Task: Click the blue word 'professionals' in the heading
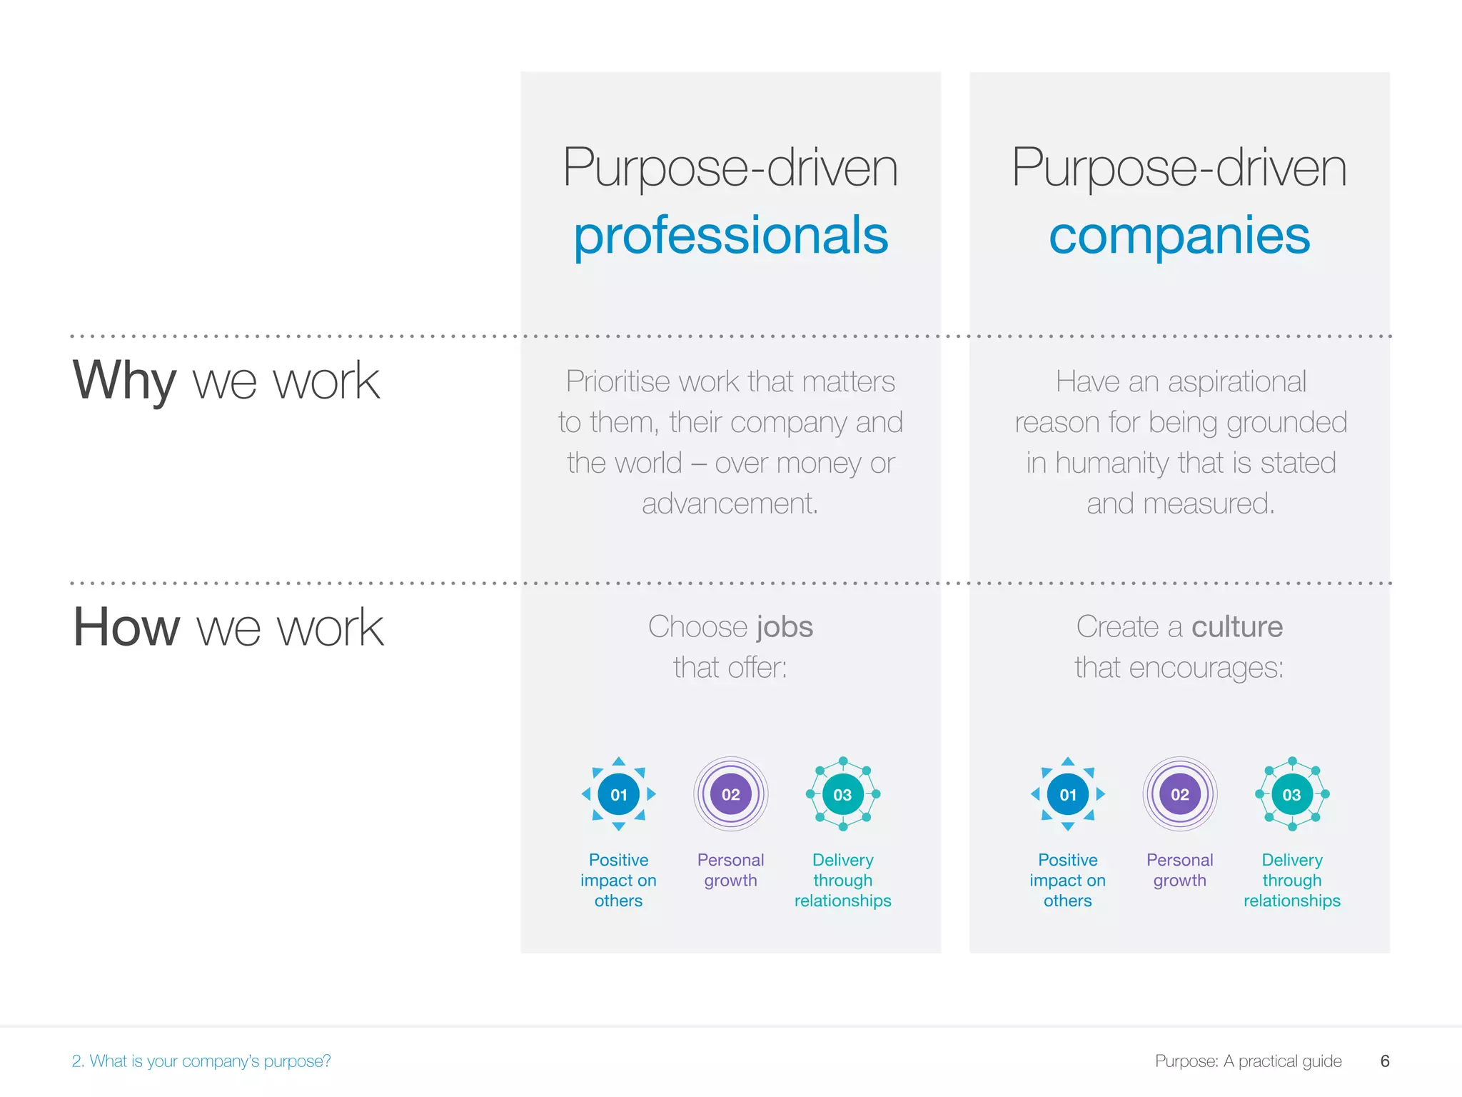pyautogui.click(x=731, y=236)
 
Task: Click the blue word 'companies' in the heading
pyautogui.click(x=1179, y=236)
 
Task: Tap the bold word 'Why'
pyautogui.click(x=124, y=380)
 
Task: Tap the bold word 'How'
pyautogui.click(x=127, y=627)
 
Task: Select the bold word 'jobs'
pyautogui.click(x=785, y=627)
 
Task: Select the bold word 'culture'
pyautogui.click(x=1236, y=627)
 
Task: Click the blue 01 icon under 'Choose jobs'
pyautogui.click(x=619, y=794)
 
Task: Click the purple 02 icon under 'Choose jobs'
pyautogui.click(x=730, y=794)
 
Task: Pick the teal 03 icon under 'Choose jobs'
pyautogui.click(x=842, y=794)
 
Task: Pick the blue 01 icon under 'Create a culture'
pyautogui.click(x=1068, y=794)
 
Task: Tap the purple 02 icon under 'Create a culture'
pyautogui.click(x=1179, y=794)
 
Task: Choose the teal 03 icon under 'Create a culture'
pyautogui.click(x=1291, y=794)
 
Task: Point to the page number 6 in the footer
pyautogui.click(x=1385, y=1061)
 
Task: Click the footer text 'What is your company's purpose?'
pyautogui.click(x=210, y=1061)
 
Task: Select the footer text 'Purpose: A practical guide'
pyautogui.click(x=1248, y=1061)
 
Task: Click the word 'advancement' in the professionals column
pyautogui.click(x=728, y=504)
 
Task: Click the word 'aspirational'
pyautogui.click(x=1236, y=382)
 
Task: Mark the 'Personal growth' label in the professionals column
pyautogui.click(x=730, y=870)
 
